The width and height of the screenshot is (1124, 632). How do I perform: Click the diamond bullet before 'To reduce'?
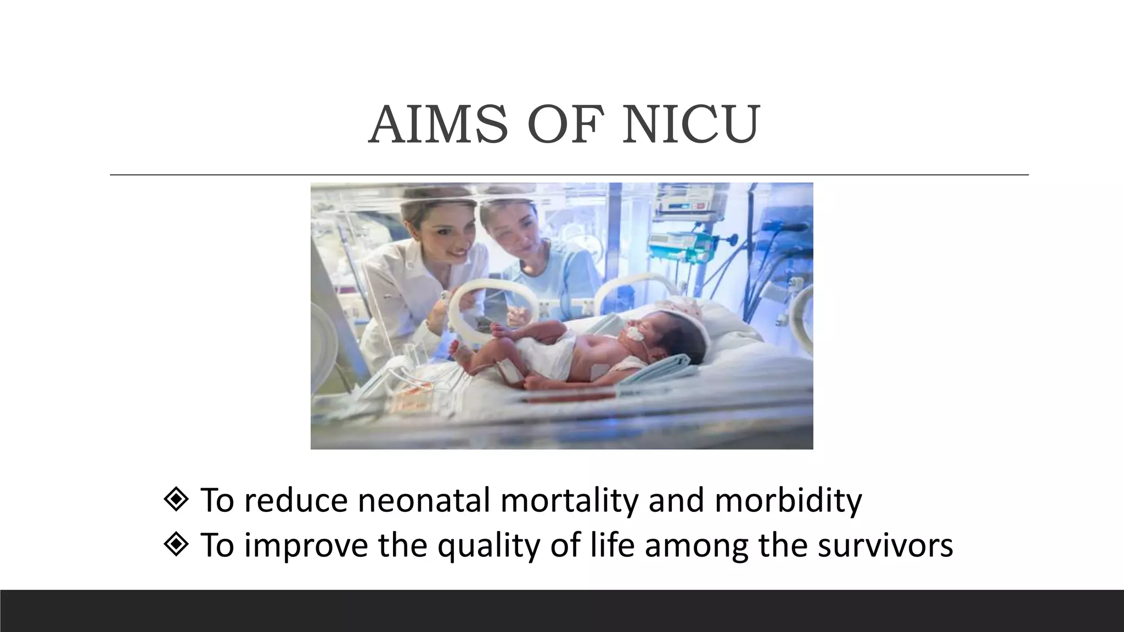pyautogui.click(x=176, y=500)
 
